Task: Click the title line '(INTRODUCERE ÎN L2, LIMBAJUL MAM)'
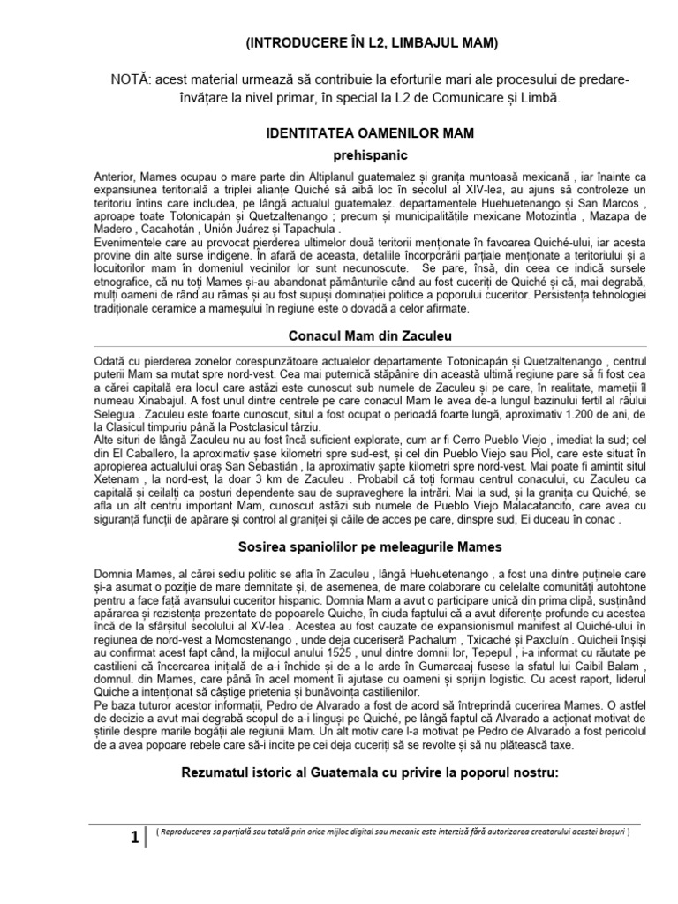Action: (x=371, y=41)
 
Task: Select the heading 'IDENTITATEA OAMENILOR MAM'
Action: (x=371, y=133)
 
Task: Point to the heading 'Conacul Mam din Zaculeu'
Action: (x=371, y=335)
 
